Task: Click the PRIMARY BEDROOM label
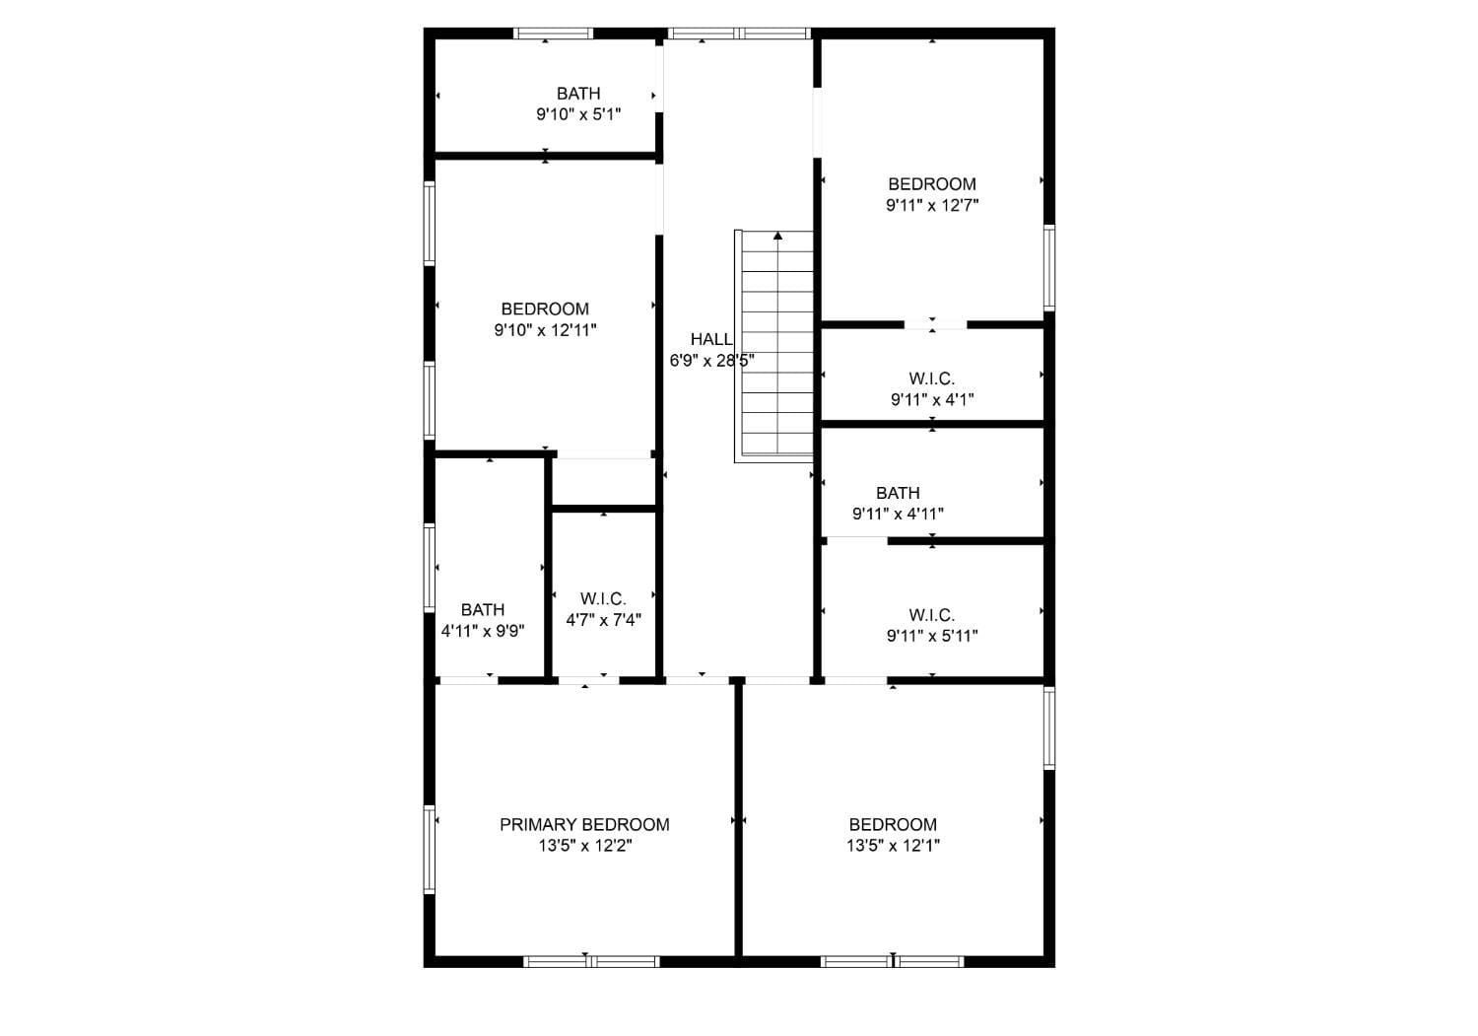[584, 824]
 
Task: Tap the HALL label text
[710, 339]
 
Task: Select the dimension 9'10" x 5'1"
[578, 114]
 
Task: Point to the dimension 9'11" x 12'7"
[932, 205]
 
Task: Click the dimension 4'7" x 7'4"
[603, 620]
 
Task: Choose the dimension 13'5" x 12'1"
[893, 846]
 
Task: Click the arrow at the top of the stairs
[778, 236]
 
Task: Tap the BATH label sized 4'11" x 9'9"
[483, 609]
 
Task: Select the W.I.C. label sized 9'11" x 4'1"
[932, 379]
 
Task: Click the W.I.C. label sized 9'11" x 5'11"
[932, 615]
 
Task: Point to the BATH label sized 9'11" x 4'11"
[898, 493]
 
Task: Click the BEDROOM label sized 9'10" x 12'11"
[545, 309]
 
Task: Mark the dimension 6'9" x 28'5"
[711, 361]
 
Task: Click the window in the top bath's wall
[554, 34]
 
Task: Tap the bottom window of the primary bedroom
[591, 961]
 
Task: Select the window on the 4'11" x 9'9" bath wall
[430, 567]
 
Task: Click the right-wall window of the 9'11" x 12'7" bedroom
[1049, 268]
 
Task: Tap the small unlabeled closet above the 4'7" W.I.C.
[603, 482]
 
